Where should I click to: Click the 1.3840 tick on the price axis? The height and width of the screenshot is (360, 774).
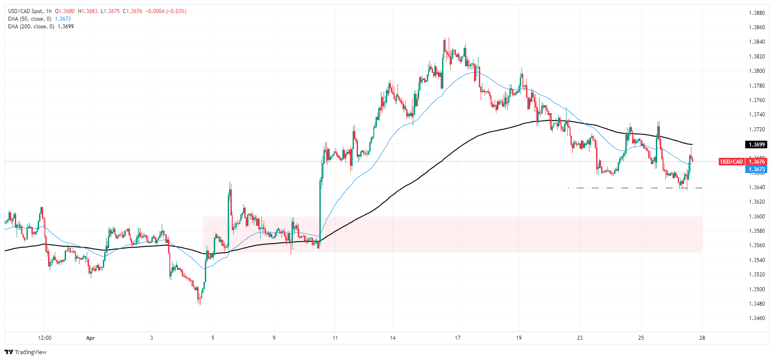tap(756, 42)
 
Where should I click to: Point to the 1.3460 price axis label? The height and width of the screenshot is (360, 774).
tap(756, 318)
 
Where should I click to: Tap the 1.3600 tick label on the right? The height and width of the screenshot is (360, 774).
tap(756, 216)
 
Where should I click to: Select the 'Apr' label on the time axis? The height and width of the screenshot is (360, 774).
tap(91, 338)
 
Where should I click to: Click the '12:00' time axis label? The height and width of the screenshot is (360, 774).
tap(44, 338)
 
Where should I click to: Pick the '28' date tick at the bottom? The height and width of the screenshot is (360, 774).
tap(702, 338)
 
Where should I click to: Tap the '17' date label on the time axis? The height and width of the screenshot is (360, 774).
tap(457, 338)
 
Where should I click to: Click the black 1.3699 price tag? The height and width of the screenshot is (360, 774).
tap(756, 145)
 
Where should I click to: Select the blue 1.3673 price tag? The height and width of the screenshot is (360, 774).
tap(756, 169)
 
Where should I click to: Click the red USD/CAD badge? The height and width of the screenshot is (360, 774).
tap(731, 162)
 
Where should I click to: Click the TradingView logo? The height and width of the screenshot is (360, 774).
tap(26, 352)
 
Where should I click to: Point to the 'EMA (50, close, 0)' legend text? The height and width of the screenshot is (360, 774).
tap(30, 19)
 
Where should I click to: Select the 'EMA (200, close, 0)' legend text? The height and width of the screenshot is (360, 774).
tap(31, 27)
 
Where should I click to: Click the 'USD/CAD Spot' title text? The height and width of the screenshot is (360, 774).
tap(25, 11)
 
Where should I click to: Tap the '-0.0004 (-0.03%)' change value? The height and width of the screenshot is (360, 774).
tap(166, 11)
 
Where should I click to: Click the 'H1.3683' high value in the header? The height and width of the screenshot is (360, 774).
tap(88, 11)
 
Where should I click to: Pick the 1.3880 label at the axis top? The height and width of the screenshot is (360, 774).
tap(756, 13)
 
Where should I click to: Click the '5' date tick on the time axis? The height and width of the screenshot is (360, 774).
tap(213, 338)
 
